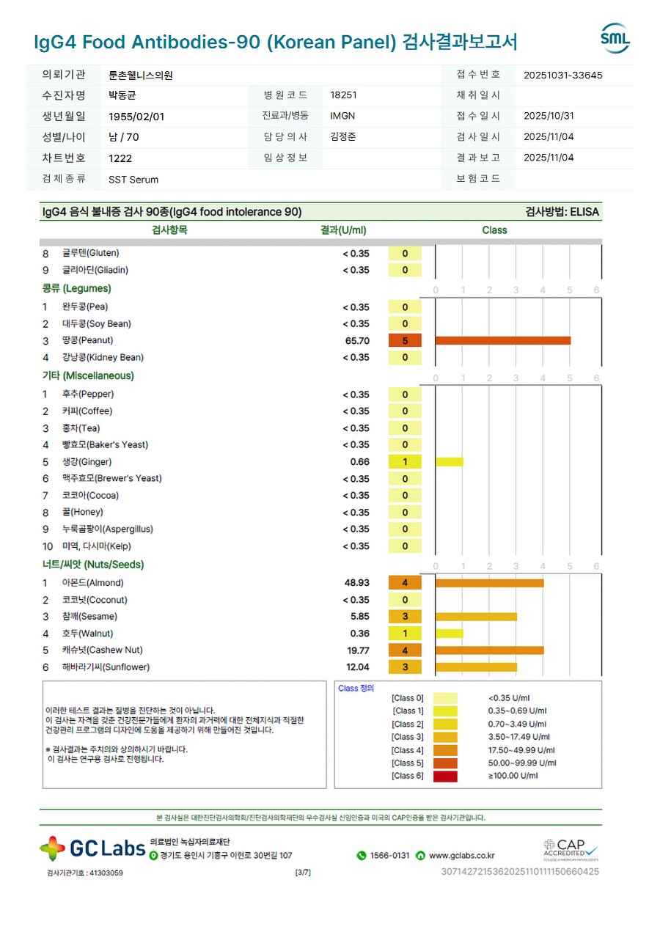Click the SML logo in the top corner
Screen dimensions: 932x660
tap(615, 39)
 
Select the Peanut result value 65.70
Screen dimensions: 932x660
tap(357, 341)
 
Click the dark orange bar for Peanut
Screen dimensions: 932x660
tap(502, 340)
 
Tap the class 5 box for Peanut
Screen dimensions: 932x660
tap(405, 341)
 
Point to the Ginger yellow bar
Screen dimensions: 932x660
tap(449, 462)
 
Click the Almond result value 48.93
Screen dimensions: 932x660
tap(357, 583)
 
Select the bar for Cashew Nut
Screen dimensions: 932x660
tap(489, 650)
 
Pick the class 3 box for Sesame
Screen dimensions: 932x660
tap(405, 617)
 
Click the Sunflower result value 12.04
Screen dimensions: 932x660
tap(358, 667)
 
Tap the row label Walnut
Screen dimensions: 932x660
tap(87, 634)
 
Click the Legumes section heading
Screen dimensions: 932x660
tap(76, 289)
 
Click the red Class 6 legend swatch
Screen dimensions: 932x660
tap(445, 776)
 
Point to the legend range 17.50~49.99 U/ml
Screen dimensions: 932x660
tap(521, 750)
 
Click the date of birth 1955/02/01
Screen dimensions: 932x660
tap(136, 117)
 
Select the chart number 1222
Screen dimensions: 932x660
tap(120, 158)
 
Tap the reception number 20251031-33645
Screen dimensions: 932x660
tap(563, 75)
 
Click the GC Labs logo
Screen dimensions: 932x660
tap(92, 848)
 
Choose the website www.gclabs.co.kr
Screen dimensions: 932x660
tap(461, 856)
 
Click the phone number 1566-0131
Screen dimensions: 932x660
tap(389, 856)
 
